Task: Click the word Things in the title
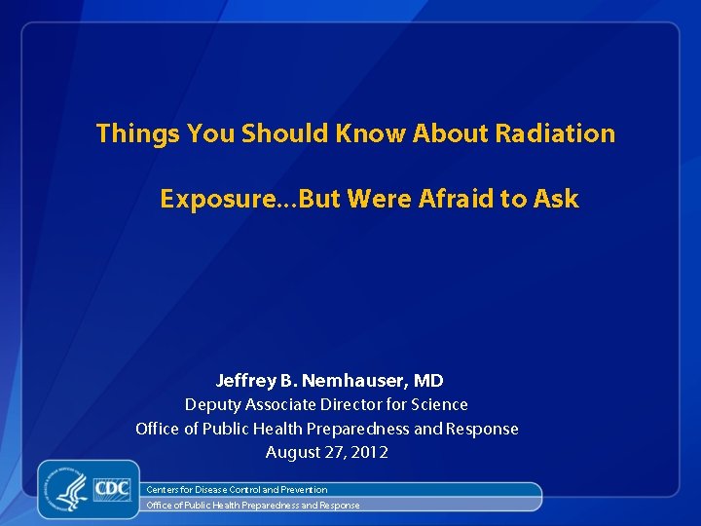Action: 137,133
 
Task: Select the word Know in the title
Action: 371,133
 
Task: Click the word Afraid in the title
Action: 458,200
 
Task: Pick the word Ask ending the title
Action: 556,200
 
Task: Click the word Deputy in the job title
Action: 212,404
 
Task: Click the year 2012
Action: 370,453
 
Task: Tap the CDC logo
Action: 112,487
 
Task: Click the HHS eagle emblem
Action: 71,489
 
